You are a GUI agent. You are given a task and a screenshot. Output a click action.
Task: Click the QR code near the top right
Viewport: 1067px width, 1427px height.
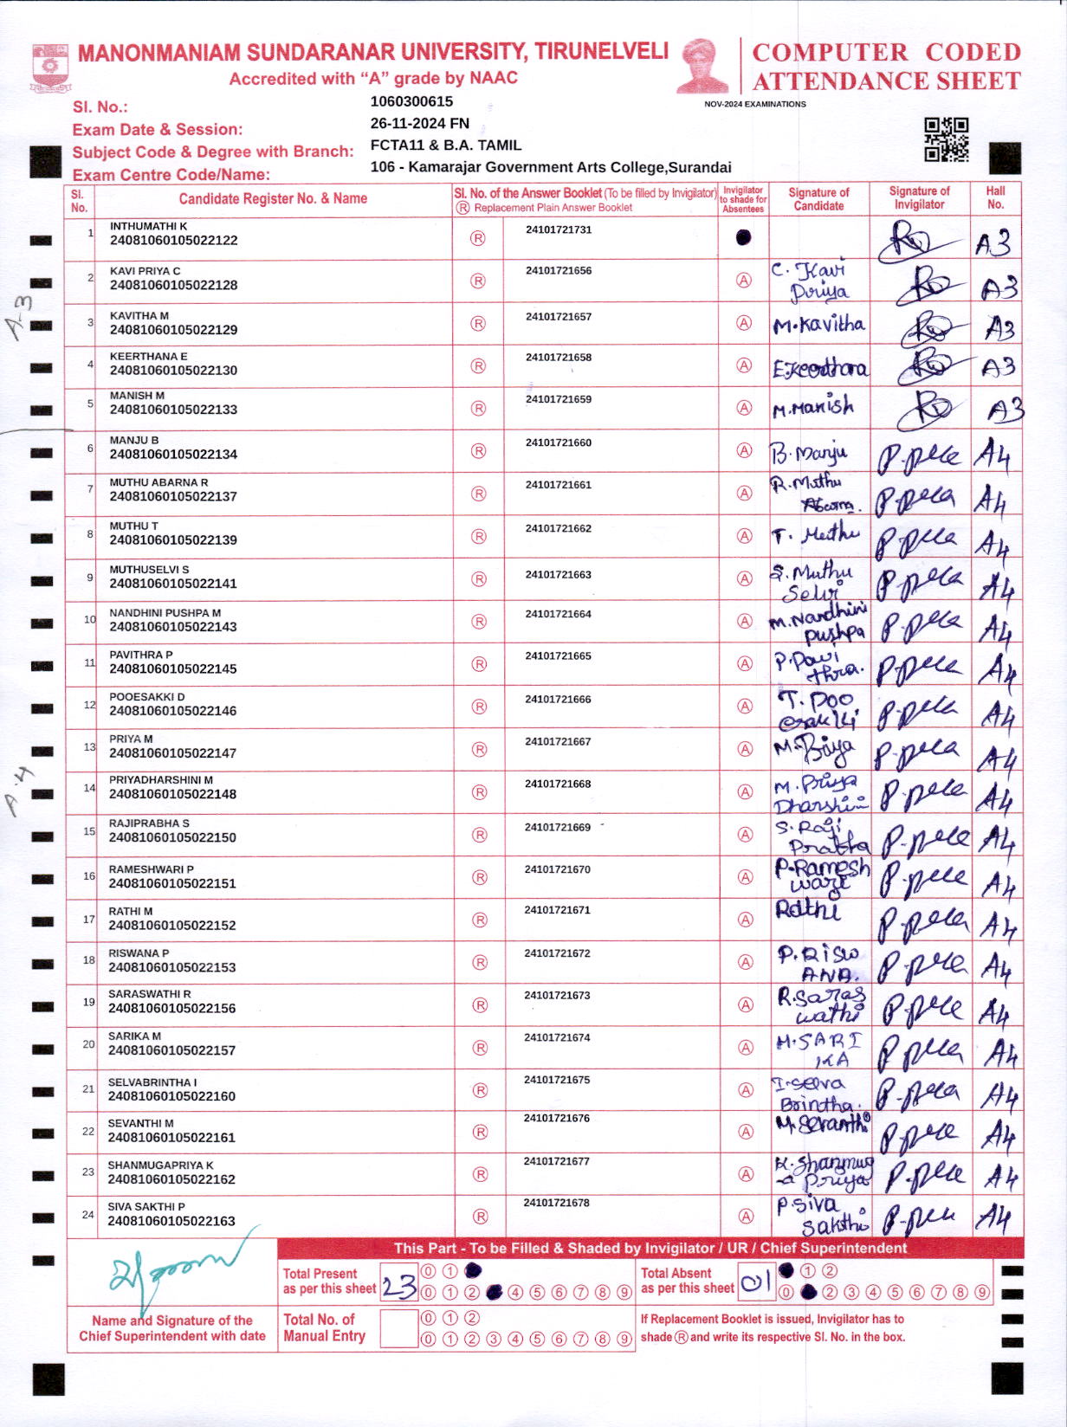tap(946, 139)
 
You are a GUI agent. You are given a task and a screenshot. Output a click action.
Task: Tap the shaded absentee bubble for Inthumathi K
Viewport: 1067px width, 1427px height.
tap(743, 237)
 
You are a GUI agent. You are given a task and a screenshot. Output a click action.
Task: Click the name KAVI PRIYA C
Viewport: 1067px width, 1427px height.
tap(145, 271)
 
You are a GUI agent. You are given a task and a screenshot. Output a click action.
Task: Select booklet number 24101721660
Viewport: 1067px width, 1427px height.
tap(559, 442)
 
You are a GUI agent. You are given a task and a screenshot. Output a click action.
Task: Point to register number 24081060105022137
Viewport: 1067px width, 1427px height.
tap(173, 496)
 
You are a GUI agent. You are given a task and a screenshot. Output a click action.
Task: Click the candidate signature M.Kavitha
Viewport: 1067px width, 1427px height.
tap(818, 325)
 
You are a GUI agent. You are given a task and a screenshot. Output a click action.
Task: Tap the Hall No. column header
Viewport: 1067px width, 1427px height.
tap(995, 198)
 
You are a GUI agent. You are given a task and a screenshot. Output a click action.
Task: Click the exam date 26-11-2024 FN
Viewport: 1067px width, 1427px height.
tap(419, 123)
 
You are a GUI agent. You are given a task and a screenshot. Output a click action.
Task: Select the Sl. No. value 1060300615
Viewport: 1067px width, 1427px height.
tap(411, 101)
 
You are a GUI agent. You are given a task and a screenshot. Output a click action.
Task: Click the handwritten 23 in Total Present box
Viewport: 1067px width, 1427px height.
tap(398, 1286)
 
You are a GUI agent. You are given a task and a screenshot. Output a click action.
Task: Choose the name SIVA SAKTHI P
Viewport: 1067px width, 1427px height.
tap(146, 1206)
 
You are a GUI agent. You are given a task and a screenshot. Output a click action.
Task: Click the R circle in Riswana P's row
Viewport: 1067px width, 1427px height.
tap(479, 962)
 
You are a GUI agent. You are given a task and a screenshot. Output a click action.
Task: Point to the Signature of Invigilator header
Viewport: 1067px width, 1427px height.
tap(919, 198)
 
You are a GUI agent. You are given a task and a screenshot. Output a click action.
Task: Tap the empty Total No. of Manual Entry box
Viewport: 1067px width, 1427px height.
tap(398, 1327)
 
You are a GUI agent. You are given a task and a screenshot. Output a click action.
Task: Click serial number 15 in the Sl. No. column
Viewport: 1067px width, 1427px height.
tap(89, 831)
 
